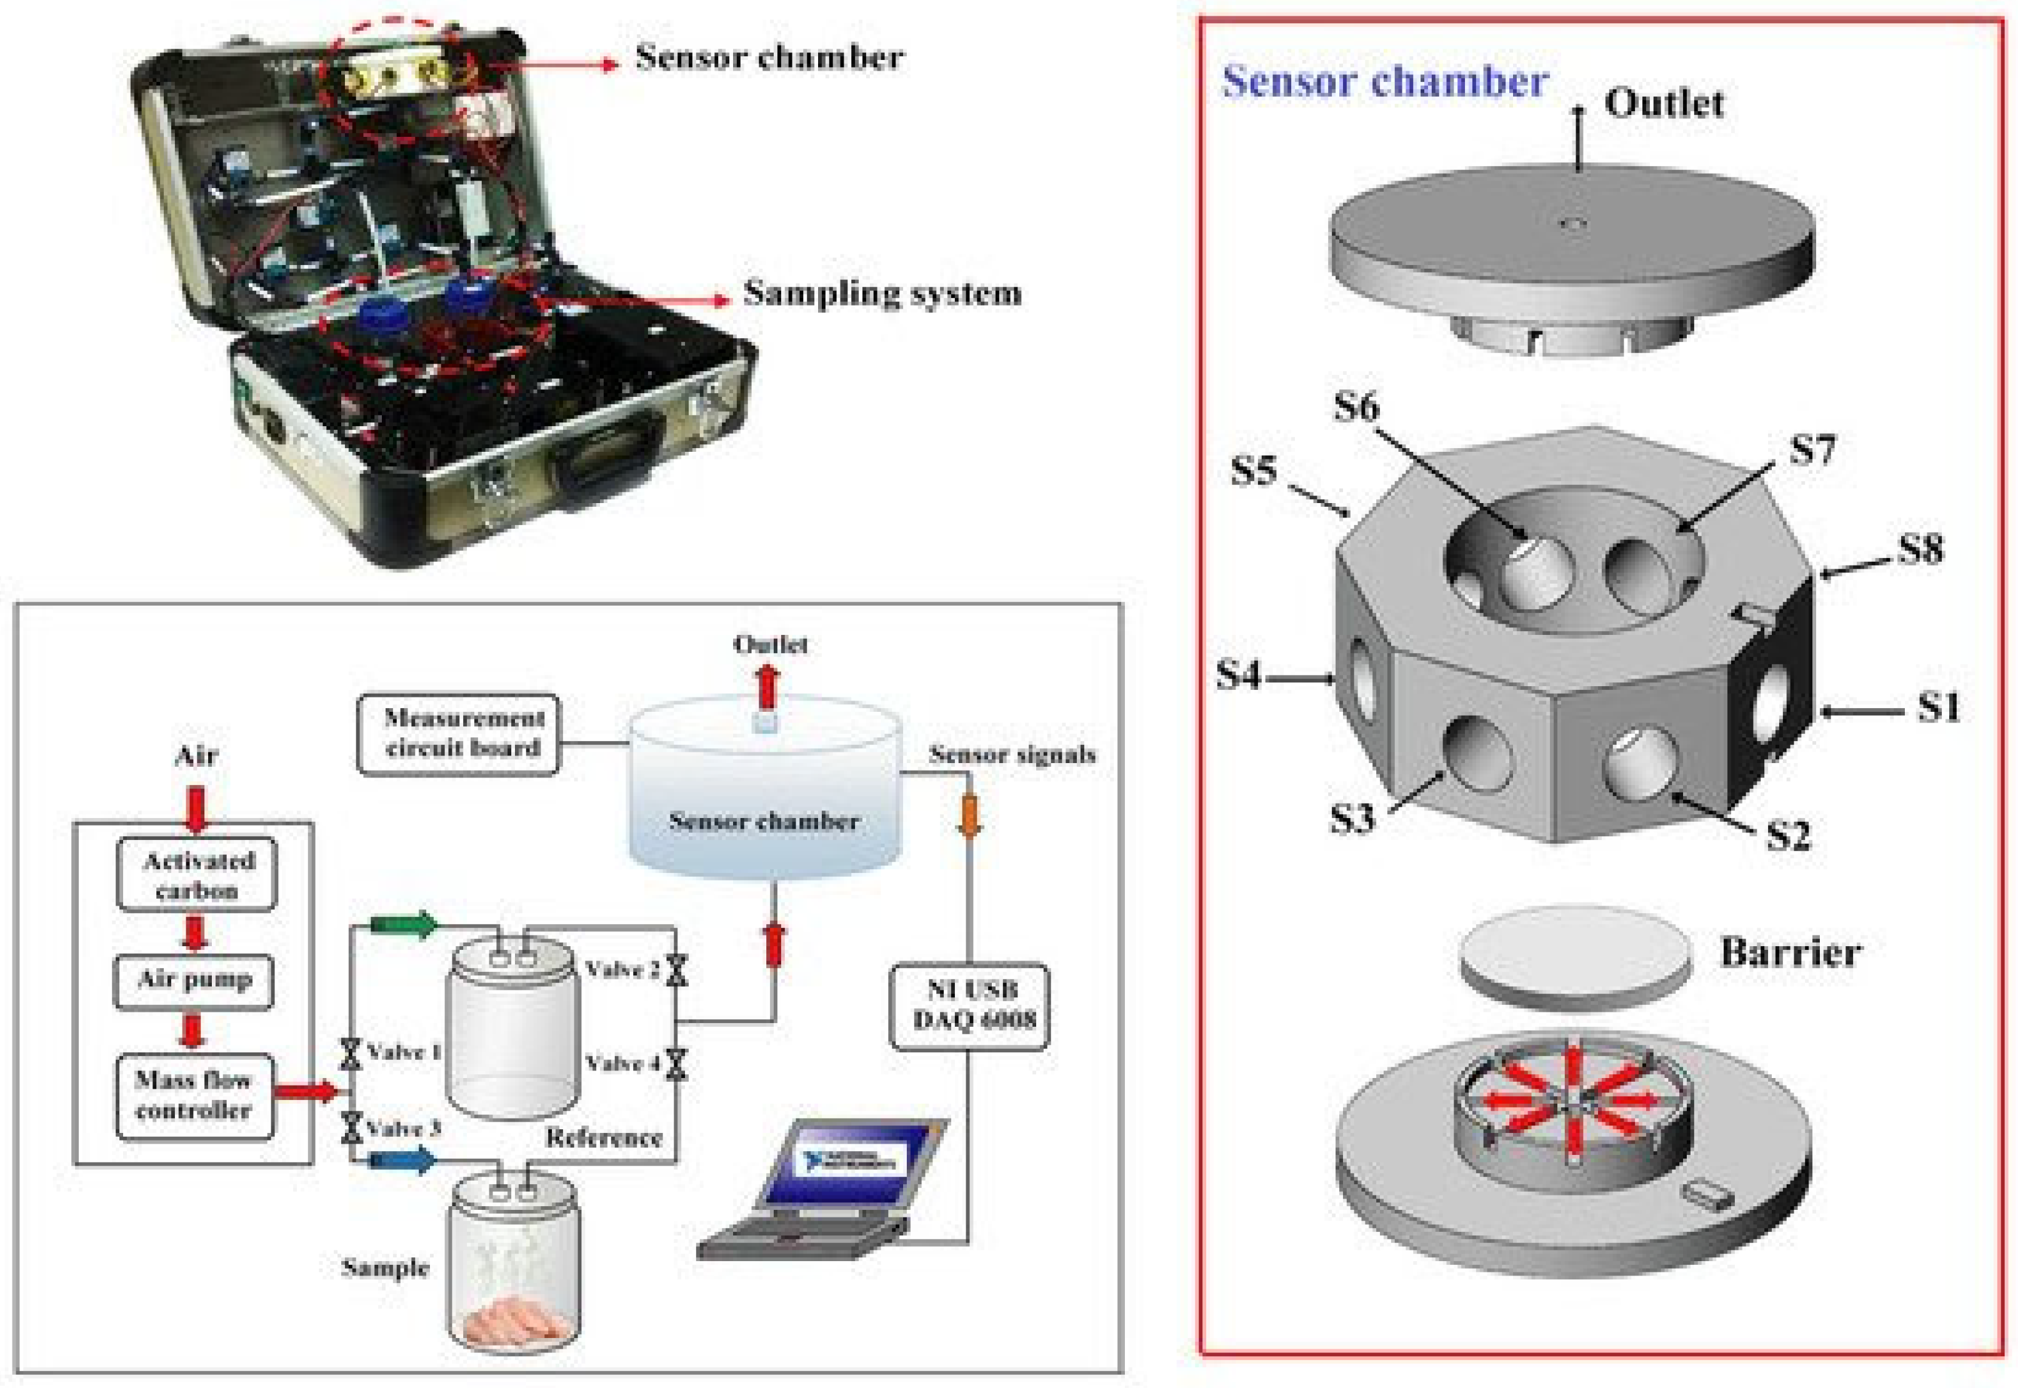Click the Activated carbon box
(196, 875)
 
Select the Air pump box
(195, 980)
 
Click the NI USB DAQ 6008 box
(969, 1006)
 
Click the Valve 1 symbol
(351, 1053)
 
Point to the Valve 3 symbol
(351, 1127)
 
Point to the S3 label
(1352, 818)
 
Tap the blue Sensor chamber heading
(1384, 82)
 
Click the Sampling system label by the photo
(882, 293)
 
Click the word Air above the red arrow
(196, 755)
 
